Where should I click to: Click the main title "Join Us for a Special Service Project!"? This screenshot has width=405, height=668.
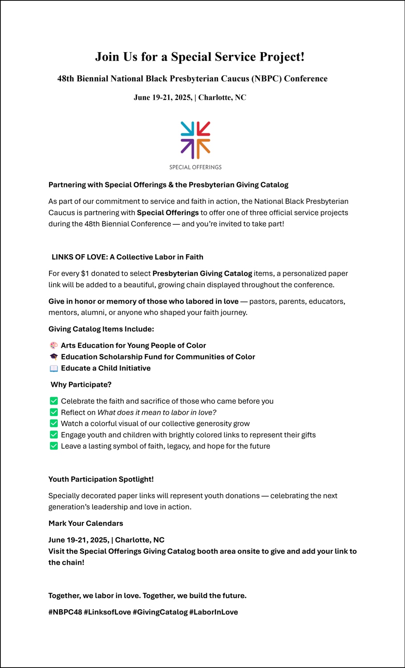[x=200, y=57]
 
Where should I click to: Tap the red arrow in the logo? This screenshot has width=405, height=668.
[x=203, y=129]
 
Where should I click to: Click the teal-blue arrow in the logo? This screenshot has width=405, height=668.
[x=188, y=129]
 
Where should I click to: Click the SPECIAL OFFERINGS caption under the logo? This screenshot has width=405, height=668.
[x=195, y=167]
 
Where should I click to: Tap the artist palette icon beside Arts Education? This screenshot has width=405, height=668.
[x=54, y=346]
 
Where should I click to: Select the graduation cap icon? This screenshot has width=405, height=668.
[x=54, y=357]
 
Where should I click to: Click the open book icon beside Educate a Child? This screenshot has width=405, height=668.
[x=54, y=368]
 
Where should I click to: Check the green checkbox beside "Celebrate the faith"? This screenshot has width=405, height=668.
[x=54, y=401]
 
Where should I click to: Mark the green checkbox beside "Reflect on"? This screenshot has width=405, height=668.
[x=54, y=412]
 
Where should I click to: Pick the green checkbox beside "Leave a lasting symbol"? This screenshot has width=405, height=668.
[x=54, y=446]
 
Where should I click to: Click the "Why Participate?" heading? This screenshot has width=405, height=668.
[x=81, y=384]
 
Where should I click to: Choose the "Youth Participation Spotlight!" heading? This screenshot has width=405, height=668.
[x=101, y=479]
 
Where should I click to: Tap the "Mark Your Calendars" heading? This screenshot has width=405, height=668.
[x=86, y=523]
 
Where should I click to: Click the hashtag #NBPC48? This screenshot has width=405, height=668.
[x=65, y=612]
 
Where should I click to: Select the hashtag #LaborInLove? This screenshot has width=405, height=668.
[x=214, y=612]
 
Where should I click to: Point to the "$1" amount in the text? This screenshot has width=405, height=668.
[x=85, y=273]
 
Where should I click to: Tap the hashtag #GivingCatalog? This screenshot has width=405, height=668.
[x=160, y=612]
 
